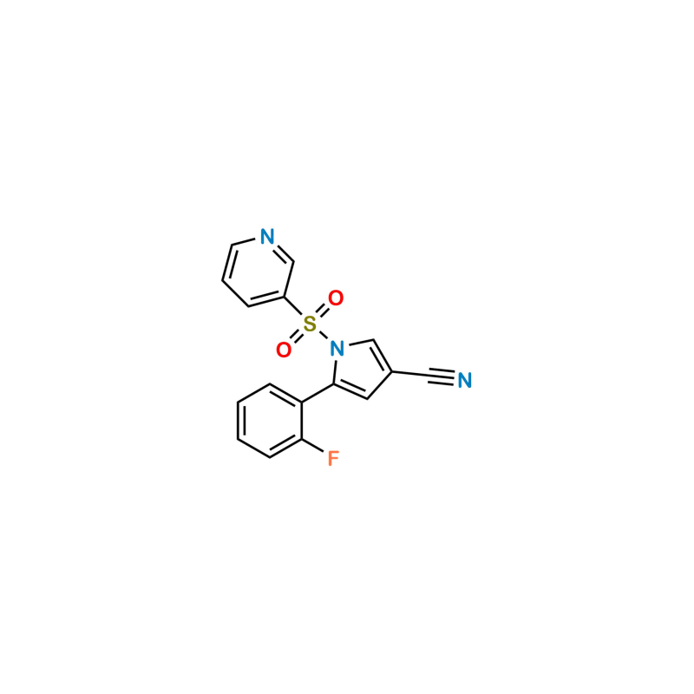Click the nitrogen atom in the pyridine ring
(x=267, y=237)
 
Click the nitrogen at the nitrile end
(x=465, y=379)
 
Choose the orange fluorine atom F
(x=332, y=459)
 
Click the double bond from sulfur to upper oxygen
(x=324, y=311)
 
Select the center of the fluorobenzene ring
(x=269, y=420)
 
